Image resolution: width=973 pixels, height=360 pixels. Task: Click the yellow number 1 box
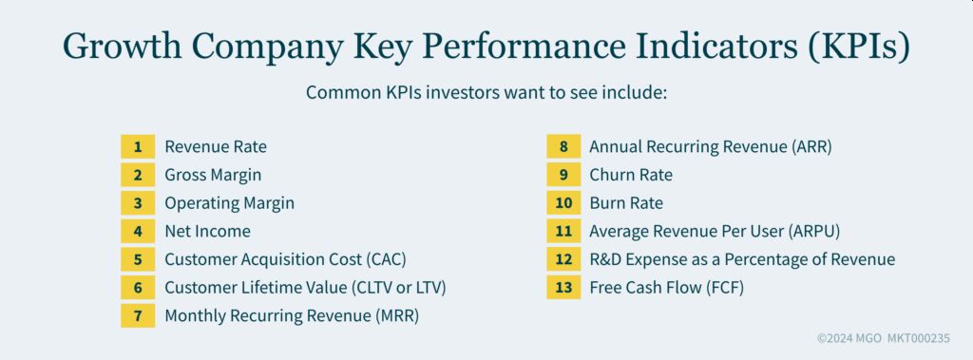138,146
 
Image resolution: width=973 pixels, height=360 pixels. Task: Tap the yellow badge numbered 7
138,315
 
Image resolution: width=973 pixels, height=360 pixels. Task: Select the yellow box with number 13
563,288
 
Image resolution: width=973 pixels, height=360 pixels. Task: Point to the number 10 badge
563,203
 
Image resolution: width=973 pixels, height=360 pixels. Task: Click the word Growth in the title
123,47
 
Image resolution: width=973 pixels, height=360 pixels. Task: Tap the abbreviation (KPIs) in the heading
858,47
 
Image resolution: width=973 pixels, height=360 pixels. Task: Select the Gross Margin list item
213,175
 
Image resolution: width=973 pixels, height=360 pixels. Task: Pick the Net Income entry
207,231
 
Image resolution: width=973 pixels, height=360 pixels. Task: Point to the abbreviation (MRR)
397,315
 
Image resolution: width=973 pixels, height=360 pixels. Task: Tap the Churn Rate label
631,175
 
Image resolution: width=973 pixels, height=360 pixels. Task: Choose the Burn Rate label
626,203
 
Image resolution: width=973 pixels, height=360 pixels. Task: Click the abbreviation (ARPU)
813,232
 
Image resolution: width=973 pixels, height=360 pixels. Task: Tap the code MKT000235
919,338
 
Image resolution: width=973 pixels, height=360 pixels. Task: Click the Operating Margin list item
230,203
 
